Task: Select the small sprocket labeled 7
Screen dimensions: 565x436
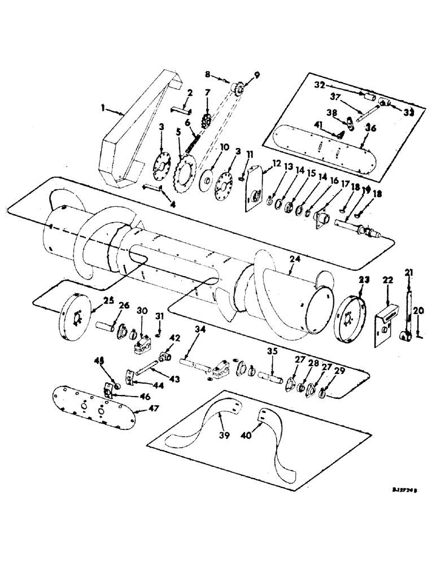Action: click(x=207, y=120)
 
